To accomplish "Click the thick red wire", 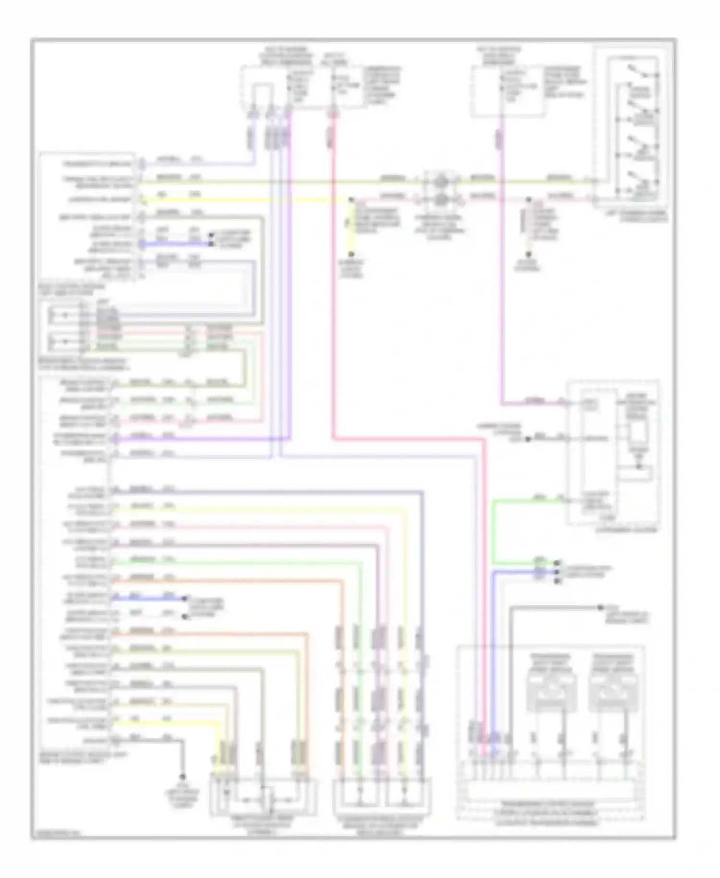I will point(333,288).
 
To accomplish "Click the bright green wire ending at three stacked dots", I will point(493,533).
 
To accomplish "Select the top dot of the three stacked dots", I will point(557,562).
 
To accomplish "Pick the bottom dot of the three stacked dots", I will point(557,581).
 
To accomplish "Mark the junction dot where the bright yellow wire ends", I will point(351,199).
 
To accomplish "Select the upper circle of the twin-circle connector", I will point(441,182).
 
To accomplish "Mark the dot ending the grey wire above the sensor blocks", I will point(600,608).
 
